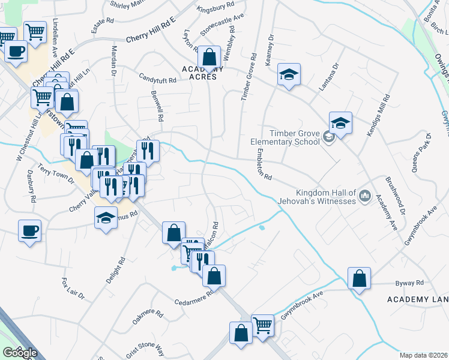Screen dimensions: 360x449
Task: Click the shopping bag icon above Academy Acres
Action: tap(209, 58)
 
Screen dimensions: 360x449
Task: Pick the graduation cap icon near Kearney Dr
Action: tap(289, 75)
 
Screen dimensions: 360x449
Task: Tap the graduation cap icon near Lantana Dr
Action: tap(340, 124)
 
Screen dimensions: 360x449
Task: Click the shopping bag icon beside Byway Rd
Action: tap(359, 279)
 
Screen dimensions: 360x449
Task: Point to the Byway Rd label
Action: tap(409, 283)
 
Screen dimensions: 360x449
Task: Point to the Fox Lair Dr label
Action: tap(74, 289)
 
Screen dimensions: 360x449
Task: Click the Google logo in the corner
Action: tap(19, 353)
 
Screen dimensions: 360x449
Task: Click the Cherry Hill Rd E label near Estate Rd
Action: tap(150, 30)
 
